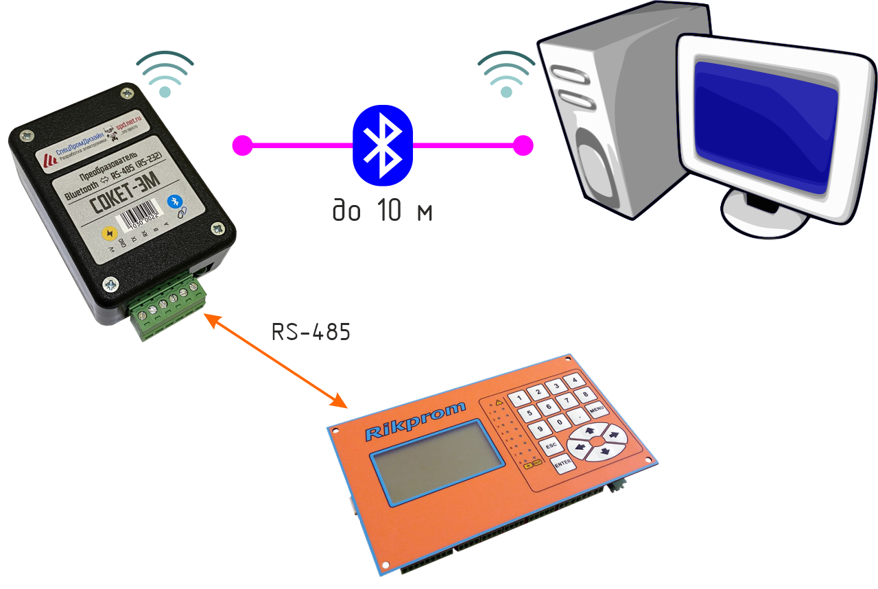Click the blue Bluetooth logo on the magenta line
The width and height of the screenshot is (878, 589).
click(383, 145)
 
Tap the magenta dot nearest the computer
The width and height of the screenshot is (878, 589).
click(523, 145)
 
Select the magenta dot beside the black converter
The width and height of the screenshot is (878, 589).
click(241, 145)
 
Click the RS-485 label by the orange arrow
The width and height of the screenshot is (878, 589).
click(311, 333)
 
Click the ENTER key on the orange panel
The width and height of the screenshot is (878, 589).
click(563, 464)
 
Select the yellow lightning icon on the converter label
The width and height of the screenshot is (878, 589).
click(108, 232)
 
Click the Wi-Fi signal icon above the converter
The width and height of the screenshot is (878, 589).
click(164, 73)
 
